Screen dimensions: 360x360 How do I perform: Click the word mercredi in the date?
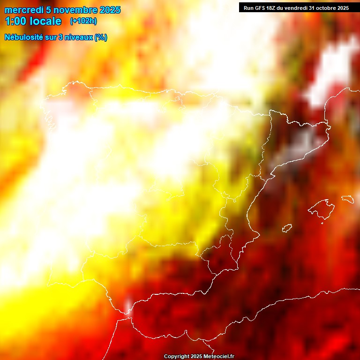(x=23, y=10)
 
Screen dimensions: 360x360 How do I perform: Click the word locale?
(x=45, y=21)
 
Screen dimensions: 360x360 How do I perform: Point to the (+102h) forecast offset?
(x=83, y=21)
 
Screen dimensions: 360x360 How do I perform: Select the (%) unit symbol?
(x=100, y=37)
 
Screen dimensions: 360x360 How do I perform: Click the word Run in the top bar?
(x=248, y=8)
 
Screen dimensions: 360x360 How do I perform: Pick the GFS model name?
(x=261, y=8)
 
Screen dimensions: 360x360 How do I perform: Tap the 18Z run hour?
(x=273, y=8)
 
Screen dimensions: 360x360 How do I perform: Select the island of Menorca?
(x=347, y=199)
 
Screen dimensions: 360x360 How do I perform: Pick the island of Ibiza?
(x=287, y=228)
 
